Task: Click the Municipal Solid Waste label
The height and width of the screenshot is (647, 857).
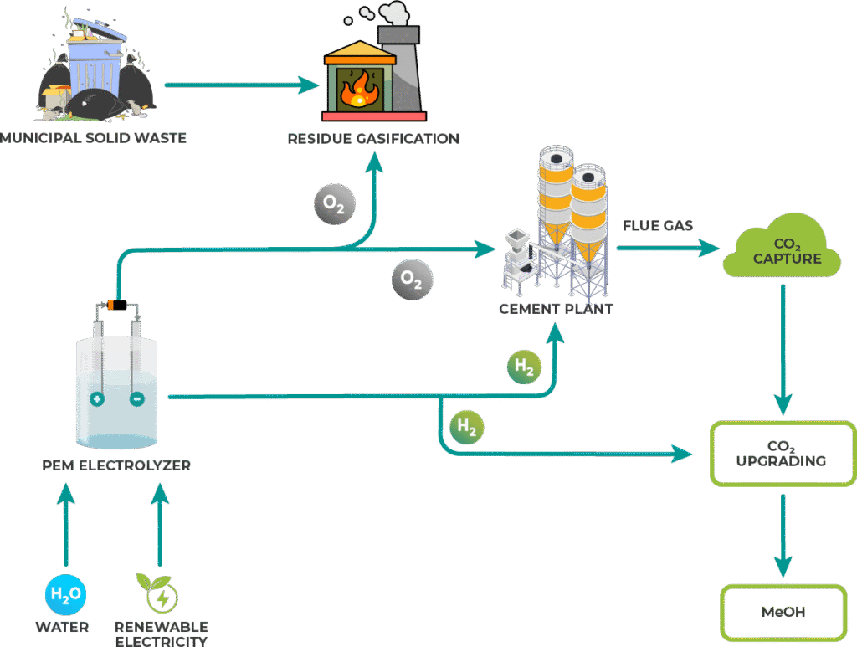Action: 93,137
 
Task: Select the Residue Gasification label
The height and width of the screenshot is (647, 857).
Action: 373,138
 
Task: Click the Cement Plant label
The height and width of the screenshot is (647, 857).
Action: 556,309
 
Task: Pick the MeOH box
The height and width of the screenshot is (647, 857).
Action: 783,612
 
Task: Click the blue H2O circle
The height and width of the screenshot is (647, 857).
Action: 65,595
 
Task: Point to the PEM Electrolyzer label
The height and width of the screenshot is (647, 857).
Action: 116,465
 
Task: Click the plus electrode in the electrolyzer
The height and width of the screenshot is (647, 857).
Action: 97,399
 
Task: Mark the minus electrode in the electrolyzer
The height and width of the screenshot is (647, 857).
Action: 136,399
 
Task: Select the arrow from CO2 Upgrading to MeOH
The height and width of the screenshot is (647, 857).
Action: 783,536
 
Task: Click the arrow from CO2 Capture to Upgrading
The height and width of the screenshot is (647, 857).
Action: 783,352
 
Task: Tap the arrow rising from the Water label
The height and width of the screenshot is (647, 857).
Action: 65,527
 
